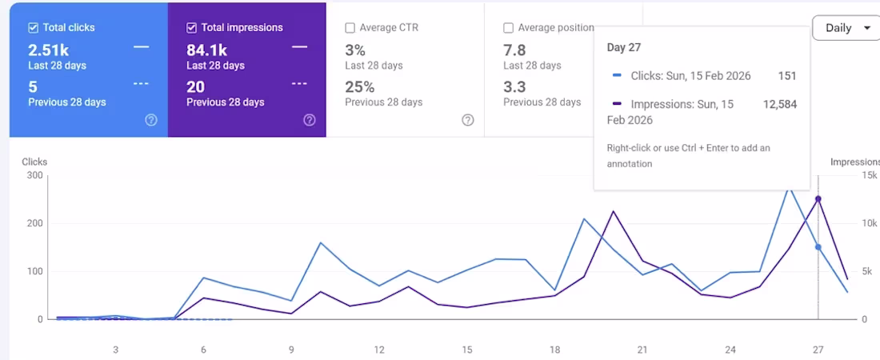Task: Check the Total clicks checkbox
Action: tap(33, 28)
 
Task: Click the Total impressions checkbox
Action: tap(191, 28)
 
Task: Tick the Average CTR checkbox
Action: tap(350, 28)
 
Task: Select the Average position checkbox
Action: tap(508, 28)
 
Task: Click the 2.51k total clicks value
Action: tap(49, 50)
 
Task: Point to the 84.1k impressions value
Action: tap(206, 50)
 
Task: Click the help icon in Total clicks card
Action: tap(151, 120)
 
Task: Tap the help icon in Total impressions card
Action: tap(310, 120)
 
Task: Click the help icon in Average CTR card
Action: tap(468, 120)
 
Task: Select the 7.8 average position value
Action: tap(514, 50)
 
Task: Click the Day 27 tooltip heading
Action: tap(624, 48)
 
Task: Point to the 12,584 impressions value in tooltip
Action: tap(780, 105)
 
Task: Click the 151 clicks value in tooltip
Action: tap(787, 77)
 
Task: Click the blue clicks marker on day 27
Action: tap(818, 247)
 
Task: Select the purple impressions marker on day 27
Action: tap(818, 199)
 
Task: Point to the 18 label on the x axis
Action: tap(554, 350)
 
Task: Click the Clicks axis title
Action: tap(34, 162)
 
